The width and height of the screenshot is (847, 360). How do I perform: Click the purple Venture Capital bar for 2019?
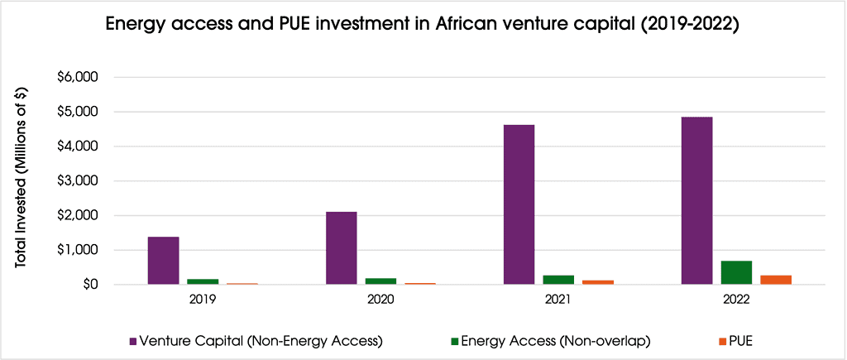(x=163, y=261)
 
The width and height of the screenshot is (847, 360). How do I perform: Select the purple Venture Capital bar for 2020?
(x=341, y=248)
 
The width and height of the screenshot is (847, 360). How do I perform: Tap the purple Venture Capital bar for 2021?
(x=519, y=204)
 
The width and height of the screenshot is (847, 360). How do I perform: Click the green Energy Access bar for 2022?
(x=736, y=272)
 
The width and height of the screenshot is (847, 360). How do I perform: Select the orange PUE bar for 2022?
(x=776, y=280)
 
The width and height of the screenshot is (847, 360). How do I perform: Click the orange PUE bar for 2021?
(x=598, y=282)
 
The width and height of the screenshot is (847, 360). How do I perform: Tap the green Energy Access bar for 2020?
(x=380, y=281)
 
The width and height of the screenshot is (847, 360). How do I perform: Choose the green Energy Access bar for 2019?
(x=203, y=281)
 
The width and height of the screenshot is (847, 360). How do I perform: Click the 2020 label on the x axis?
(x=380, y=300)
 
